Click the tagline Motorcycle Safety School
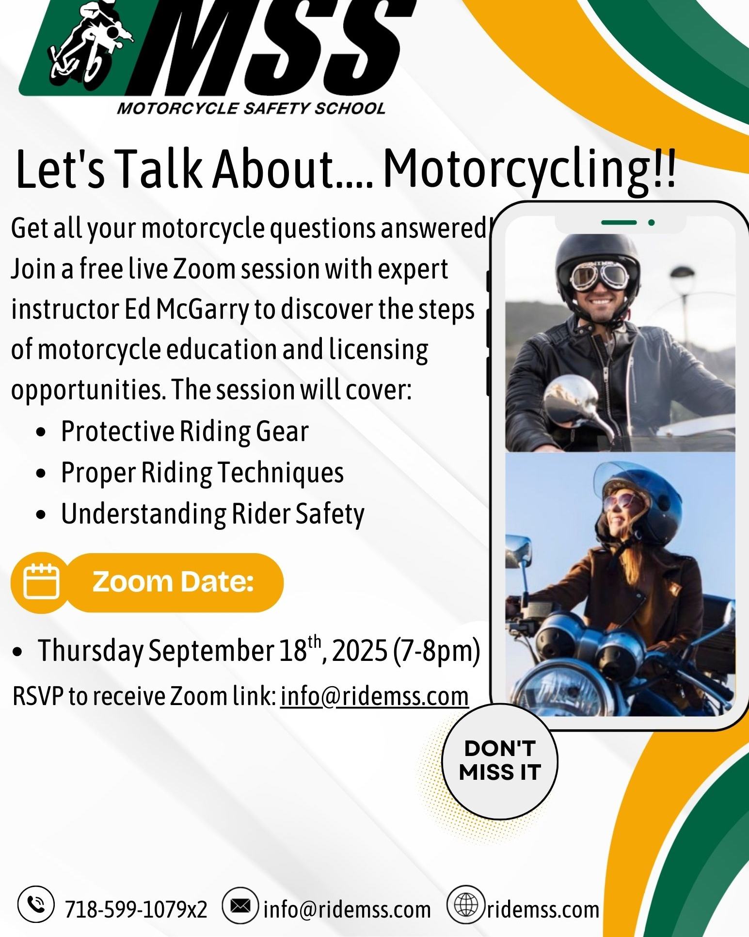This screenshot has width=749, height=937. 251,108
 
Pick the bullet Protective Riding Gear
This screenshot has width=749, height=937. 185,431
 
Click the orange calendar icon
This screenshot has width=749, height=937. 41,582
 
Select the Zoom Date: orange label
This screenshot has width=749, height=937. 174,582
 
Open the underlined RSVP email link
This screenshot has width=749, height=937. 374,696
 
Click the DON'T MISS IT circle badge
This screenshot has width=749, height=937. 500,761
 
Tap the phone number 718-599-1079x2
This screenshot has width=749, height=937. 136,909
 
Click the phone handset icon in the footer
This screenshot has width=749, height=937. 35,904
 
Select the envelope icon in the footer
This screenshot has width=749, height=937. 240,905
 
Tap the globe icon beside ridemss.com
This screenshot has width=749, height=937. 466,904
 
